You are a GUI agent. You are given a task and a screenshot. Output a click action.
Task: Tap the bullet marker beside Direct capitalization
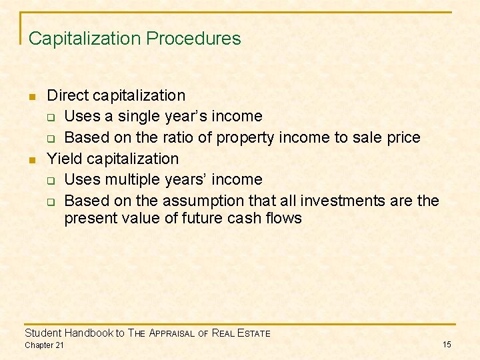click(x=31, y=97)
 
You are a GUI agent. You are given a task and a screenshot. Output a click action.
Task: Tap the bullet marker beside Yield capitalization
click(x=31, y=160)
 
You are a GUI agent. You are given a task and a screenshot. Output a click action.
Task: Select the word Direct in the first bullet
click(x=67, y=95)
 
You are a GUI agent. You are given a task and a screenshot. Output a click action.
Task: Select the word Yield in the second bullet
click(x=65, y=159)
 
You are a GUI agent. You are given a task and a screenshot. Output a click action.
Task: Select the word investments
click(x=338, y=201)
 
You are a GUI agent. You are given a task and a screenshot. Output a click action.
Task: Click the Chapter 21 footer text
click(x=45, y=345)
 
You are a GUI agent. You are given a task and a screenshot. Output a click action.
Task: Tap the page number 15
click(x=447, y=344)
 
